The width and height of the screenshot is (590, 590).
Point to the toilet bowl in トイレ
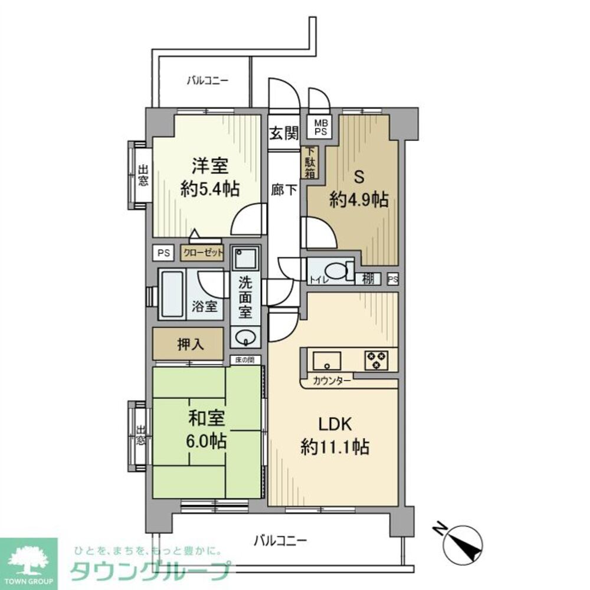[336, 272]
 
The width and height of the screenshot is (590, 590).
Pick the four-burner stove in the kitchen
[376, 359]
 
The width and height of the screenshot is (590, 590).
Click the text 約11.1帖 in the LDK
[336, 447]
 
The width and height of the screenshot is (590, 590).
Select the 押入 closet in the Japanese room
[190, 344]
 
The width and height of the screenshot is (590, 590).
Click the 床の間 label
[244, 359]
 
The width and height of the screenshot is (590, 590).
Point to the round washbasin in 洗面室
[245, 338]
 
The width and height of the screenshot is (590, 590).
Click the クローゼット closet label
[202, 253]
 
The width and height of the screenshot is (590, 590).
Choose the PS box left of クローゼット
[163, 253]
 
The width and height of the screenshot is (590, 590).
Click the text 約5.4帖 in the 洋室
[209, 189]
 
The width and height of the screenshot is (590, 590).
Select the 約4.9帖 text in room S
[358, 201]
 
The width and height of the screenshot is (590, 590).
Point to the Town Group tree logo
[28, 560]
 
